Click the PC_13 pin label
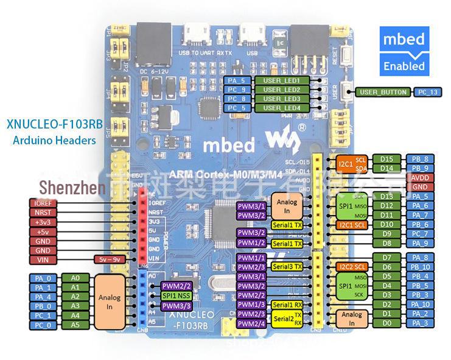coord(425,92)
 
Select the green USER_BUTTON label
coord(383,92)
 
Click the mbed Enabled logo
coord(402,51)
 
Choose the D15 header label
coord(386,160)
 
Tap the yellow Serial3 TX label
coord(287,267)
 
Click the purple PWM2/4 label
coord(251,323)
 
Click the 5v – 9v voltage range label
coord(110,259)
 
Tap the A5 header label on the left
coord(75,325)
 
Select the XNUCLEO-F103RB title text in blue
coord(54,125)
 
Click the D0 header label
coord(386,323)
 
